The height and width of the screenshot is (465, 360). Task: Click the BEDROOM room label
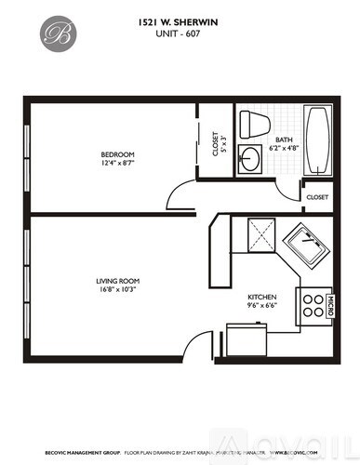click(x=118, y=153)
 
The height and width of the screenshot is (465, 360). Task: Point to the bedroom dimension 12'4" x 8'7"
click(x=118, y=164)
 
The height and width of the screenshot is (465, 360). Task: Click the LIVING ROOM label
click(x=117, y=280)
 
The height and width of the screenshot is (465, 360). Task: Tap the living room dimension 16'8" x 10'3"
click(x=117, y=290)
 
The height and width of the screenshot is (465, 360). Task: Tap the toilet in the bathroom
click(x=254, y=124)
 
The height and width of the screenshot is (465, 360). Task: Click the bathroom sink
click(x=252, y=157)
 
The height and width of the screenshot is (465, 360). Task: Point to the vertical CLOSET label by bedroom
click(x=216, y=144)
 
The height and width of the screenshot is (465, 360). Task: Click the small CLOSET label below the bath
click(x=317, y=197)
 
